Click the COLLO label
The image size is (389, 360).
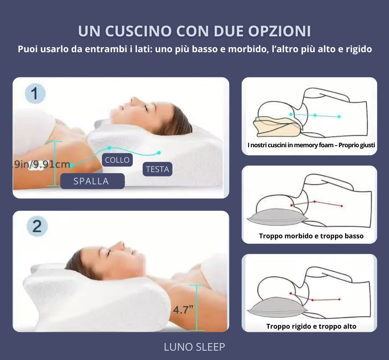(x=117, y=160)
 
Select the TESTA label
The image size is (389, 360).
(x=157, y=169)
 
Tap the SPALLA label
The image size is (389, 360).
(x=91, y=181)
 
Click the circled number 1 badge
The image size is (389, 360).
(x=35, y=94)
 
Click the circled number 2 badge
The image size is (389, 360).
(x=37, y=227)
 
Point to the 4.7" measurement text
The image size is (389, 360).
(x=183, y=310)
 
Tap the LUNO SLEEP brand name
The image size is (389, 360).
(x=194, y=347)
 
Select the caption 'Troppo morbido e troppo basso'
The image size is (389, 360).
(x=311, y=236)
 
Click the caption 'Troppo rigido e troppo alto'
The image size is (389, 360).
(x=311, y=326)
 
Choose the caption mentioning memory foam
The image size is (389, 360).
(x=311, y=145)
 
